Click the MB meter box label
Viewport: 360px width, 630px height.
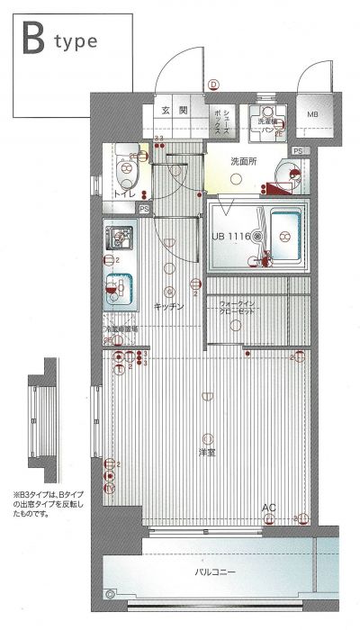pyautogui.click(x=313, y=115)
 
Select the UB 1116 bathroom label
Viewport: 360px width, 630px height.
pyautogui.click(x=232, y=236)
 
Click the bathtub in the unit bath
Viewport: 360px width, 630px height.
pyautogui.click(x=286, y=237)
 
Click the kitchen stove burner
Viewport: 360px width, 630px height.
pyautogui.click(x=117, y=239)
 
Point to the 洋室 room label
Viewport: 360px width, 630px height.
pyautogui.click(x=207, y=451)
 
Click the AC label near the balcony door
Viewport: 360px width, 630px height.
pyautogui.click(x=268, y=509)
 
